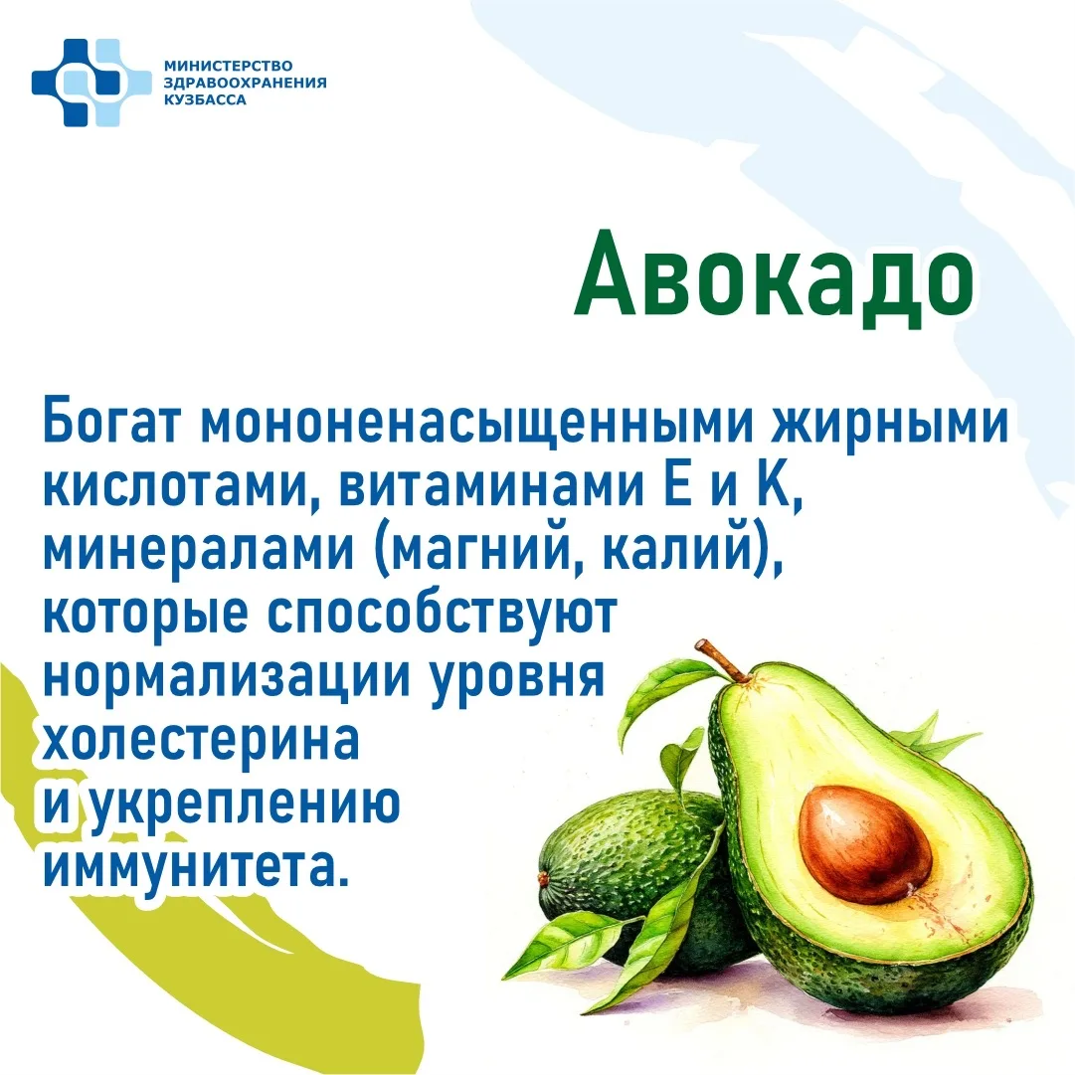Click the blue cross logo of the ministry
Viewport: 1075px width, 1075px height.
pyautogui.click(x=91, y=83)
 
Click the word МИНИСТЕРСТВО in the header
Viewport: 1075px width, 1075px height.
pyautogui.click(x=229, y=66)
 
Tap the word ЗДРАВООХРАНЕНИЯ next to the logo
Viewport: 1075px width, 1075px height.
pyautogui.click(x=246, y=83)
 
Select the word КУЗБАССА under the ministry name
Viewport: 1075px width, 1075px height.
pyautogui.click(x=205, y=100)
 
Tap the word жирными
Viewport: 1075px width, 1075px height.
pyautogui.click(x=889, y=423)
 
